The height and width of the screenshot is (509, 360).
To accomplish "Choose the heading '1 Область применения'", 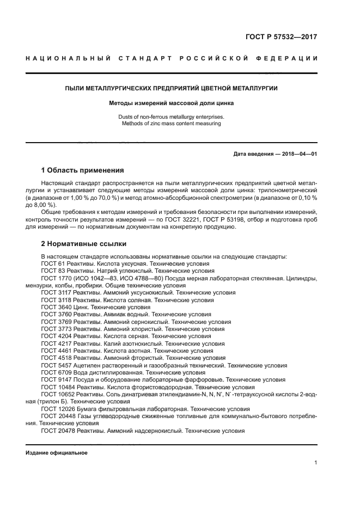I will pyautogui.click(x=83, y=170).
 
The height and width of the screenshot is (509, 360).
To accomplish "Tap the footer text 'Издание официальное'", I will pyautogui.click(x=57, y=452).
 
